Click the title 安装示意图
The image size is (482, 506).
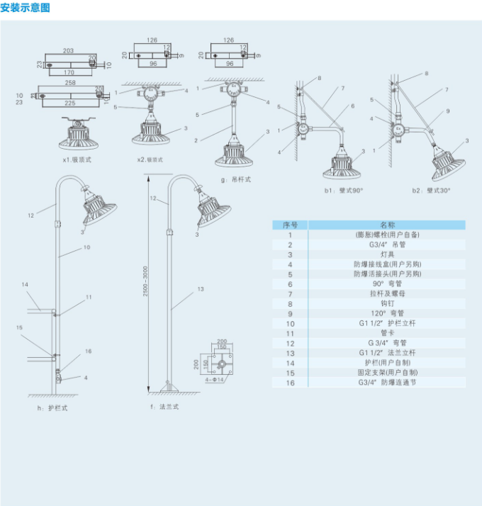[x=26, y=9]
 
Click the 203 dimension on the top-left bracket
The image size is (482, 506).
[x=68, y=51]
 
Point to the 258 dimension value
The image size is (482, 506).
[x=71, y=84]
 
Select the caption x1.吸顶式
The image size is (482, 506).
[x=77, y=160]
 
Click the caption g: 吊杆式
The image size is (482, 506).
[x=236, y=179]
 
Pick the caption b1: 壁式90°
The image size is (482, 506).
[x=344, y=191]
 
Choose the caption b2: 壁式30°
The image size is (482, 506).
[x=431, y=191]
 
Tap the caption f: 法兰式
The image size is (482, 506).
[x=164, y=407]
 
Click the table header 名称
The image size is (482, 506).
[x=387, y=225]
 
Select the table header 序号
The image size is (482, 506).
[x=290, y=225]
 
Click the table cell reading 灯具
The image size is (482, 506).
[x=387, y=254]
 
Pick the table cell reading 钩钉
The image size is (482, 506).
[x=387, y=303]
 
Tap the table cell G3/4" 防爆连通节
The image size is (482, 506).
[x=387, y=382]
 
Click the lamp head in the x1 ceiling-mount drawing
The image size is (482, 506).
[x=77, y=135]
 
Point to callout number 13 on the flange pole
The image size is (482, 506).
[x=201, y=289]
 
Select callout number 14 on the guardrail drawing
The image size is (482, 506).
[x=24, y=284]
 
